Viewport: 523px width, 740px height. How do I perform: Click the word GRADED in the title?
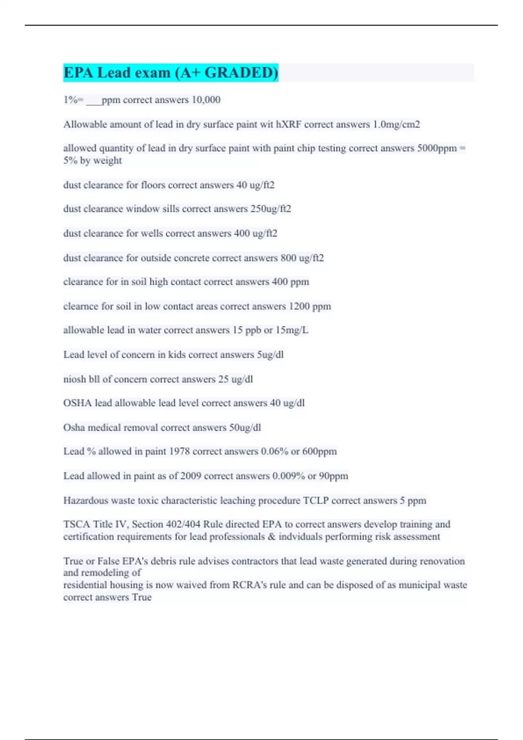coord(241,72)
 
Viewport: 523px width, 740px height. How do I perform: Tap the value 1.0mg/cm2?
coord(396,124)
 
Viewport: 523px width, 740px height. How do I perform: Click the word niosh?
coord(75,379)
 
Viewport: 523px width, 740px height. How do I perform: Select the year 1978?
coord(179,451)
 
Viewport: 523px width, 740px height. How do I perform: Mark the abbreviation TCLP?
coord(316,500)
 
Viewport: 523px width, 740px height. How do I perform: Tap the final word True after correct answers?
coord(142,597)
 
